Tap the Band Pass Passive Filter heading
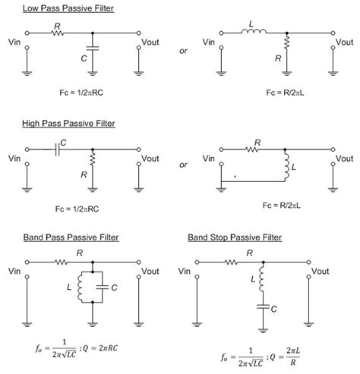point(56,237)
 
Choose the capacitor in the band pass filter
point(103,287)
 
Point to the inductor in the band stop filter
point(261,282)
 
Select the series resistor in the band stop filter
point(231,262)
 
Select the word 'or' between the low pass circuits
point(183,52)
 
